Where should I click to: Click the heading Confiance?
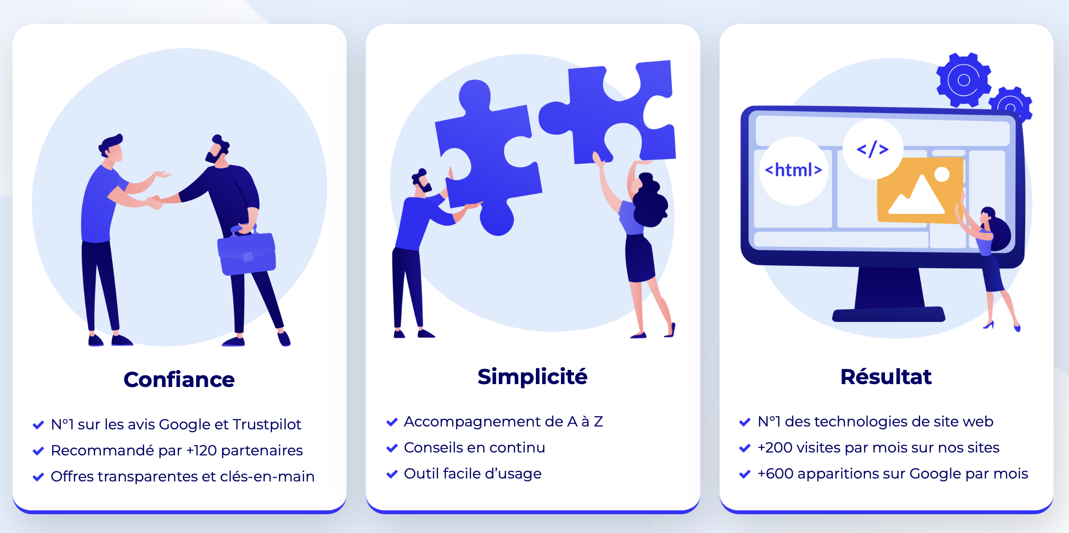179,380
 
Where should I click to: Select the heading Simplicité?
532,377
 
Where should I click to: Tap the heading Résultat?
886,377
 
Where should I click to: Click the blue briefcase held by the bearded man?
247,253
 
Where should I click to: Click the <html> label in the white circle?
793,170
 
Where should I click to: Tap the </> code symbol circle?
872,149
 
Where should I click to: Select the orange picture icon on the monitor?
919,190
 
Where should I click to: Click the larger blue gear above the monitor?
963,80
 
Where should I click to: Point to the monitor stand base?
888,315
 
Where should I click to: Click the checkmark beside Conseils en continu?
392,448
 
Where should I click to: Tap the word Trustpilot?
267,425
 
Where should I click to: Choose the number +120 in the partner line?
201,451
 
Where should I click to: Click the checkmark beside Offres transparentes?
38,477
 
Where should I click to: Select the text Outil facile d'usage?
472,474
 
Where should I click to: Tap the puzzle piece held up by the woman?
612,113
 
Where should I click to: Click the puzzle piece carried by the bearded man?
487,154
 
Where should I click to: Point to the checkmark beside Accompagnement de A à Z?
392,422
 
